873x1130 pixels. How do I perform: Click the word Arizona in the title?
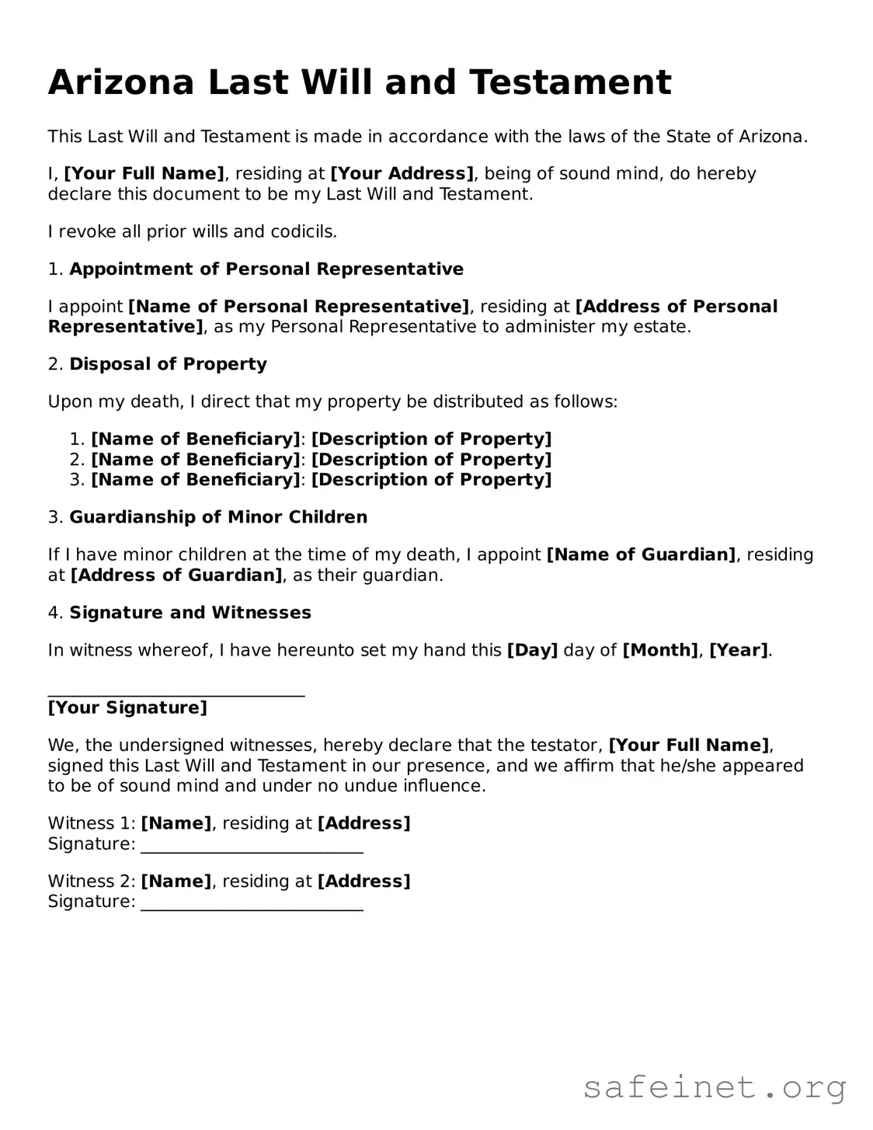(120, 82)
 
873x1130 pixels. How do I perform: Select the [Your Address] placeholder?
(402, 173)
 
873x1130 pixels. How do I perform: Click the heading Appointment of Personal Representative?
(266, 269)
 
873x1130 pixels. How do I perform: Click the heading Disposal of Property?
(168, 364)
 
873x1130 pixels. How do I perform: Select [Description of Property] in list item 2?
(431, 460)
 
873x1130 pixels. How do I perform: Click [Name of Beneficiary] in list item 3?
(195, 480)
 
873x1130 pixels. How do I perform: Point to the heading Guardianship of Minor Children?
(218, 517)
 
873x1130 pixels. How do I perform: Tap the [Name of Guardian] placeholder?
(641, 555)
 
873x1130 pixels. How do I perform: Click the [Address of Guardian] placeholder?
(176, 575)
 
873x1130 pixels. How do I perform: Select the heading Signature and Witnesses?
(190, 613)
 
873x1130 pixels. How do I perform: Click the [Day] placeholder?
(532, 650)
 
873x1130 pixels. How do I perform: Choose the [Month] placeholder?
(660, 650)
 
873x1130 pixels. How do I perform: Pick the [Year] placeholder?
(738, 650)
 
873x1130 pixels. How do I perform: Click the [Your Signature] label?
(127, 708)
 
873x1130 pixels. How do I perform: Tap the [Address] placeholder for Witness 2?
(363, 881)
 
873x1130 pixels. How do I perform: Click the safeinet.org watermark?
(715, 1088)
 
